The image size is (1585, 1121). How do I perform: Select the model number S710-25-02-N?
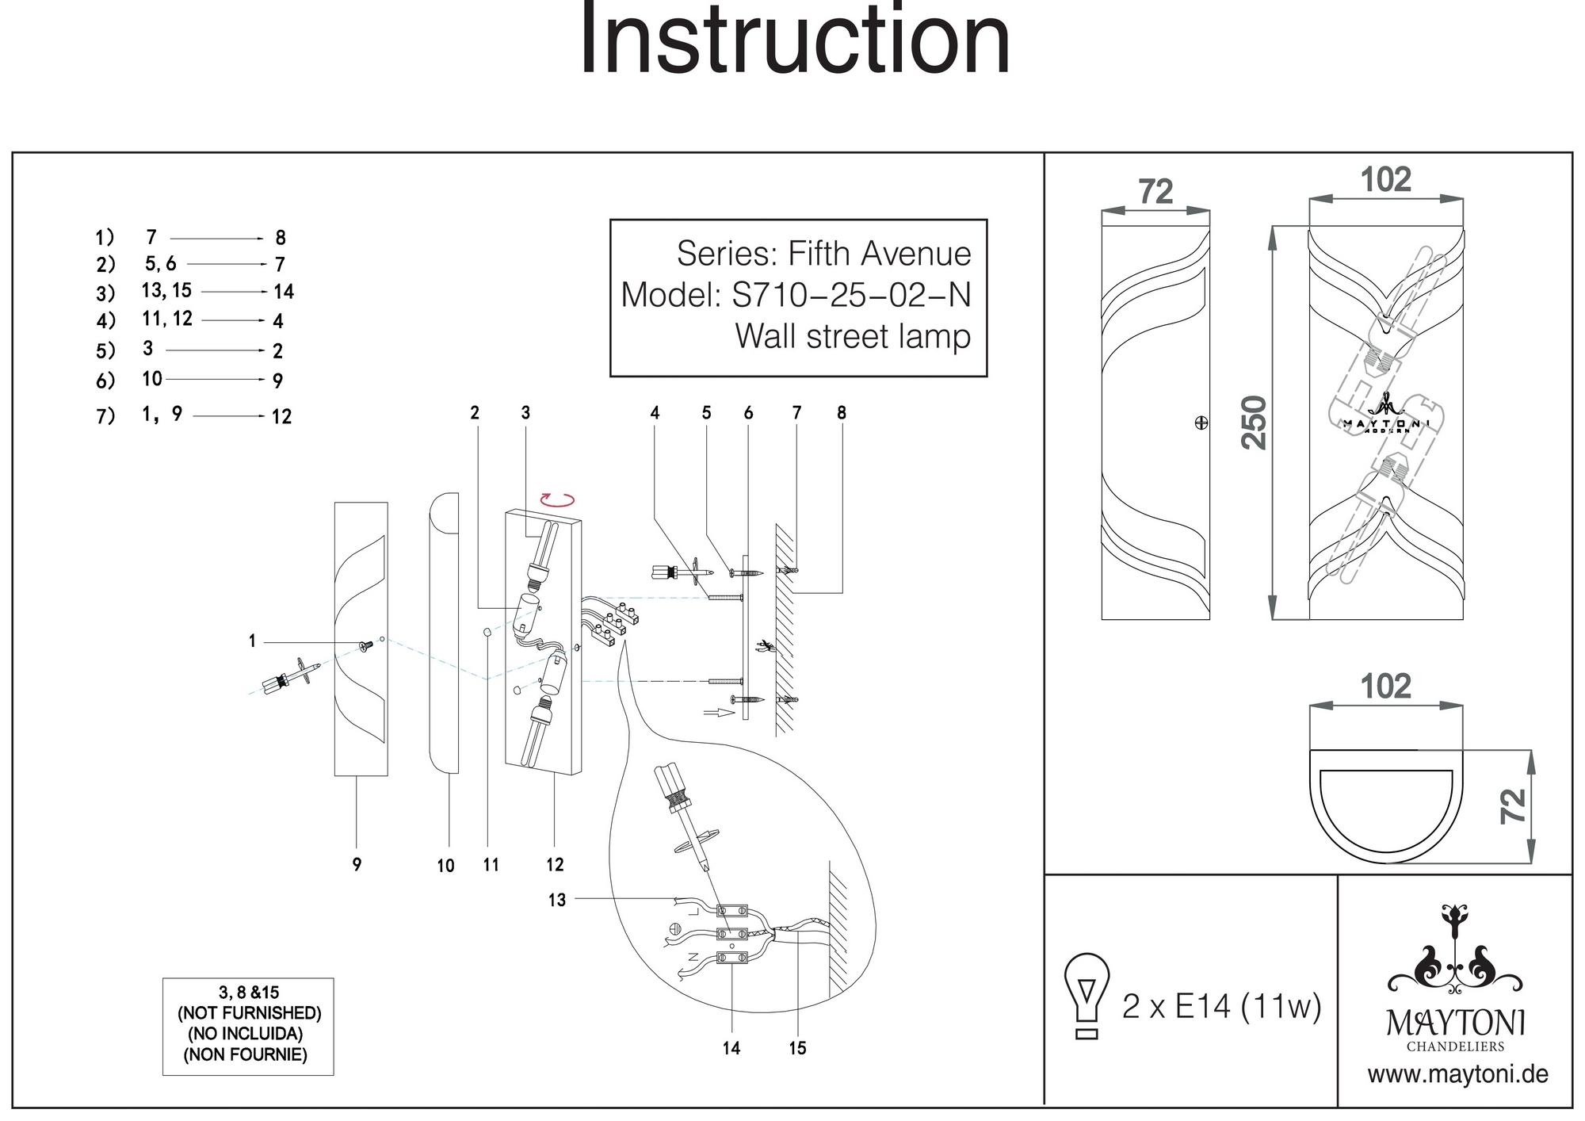coord(851,295)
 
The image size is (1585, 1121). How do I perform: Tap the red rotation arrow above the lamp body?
coord(556,499)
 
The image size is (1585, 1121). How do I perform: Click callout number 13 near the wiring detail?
coord(557,900)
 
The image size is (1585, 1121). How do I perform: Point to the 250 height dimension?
coord(1254,423)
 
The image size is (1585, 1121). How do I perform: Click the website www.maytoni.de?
coord(1457,1075)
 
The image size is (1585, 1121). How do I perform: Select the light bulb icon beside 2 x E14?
coord(1087,996)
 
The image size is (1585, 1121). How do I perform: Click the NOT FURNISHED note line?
coord(249,1013)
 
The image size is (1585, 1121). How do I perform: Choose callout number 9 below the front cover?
coord(357,864)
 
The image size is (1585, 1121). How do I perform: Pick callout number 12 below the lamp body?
coord(555,865)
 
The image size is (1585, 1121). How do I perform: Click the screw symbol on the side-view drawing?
coord(1201,423)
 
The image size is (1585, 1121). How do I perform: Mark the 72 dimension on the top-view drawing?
coord(1513,806)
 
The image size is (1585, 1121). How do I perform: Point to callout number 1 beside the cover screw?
coord(252,641)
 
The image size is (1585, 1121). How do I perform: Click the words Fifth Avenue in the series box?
coord(879,254)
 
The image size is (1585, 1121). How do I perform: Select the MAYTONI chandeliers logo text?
coord(1456,1023)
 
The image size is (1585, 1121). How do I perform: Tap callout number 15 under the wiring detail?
coord(797,1048)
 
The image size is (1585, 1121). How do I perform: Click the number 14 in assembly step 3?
coord(284,292)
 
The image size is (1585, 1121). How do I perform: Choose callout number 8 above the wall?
coord(842,412)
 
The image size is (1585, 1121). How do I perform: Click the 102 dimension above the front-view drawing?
coord(1386,180)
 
